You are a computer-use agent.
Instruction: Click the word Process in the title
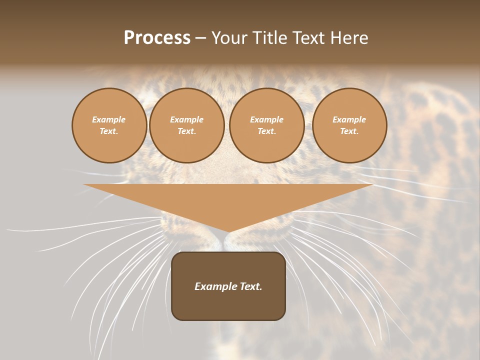click(157, 38)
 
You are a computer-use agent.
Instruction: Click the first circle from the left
click(109, 125)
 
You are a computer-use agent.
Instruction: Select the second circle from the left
click(186, 125)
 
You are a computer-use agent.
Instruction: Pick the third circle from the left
click(266, 125)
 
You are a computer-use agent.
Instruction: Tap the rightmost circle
click(349, 125)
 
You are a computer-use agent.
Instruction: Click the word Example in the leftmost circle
click(109, 119)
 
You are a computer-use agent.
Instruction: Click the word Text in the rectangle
click(251, 286)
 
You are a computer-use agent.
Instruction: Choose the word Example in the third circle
click(266, 119)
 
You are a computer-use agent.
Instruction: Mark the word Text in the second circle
click(186, 131)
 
